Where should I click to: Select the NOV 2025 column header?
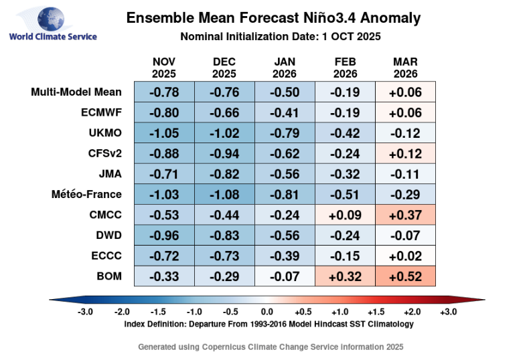[164, 68]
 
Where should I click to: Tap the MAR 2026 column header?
[406, 68]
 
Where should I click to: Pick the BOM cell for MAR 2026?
[406, 276]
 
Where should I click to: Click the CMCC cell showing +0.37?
[406, 215]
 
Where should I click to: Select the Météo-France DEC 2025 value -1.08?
[224, 194]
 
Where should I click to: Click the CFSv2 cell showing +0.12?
[406, 154]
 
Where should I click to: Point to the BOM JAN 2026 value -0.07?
[285, 276]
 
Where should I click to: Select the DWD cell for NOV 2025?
[164, 235]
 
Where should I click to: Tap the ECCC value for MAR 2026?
[406, 256]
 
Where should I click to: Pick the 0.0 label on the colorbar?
[266, 312]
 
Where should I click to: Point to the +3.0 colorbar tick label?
[448, 312]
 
